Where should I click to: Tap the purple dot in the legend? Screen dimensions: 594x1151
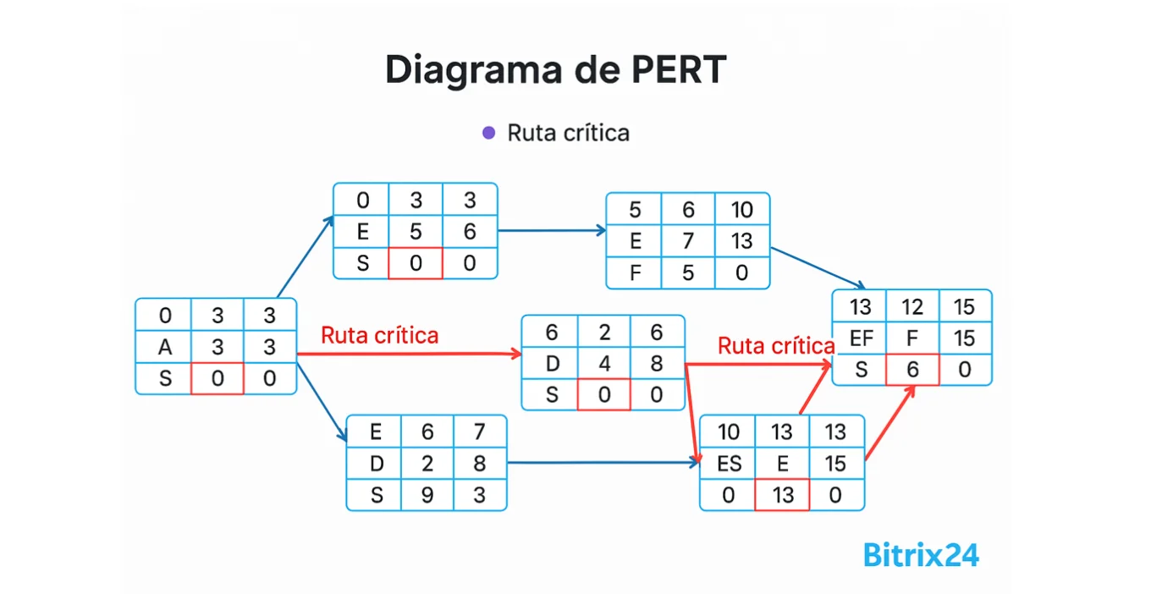coord(488,133)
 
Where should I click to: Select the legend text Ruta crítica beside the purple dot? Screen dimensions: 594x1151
coord(568,133)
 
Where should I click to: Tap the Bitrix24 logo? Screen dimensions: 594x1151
coord(921,555)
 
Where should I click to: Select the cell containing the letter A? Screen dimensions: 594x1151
coord(165,347)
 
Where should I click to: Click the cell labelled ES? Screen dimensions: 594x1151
coord(729,464)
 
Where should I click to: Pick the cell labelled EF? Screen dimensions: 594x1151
coord(861,338)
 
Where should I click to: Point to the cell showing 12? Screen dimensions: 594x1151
coord(912,307)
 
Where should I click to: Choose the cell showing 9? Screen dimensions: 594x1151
coord(427,495)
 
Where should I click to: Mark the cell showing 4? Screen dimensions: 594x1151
coord(604,364)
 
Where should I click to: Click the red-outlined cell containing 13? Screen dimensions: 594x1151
coord(783,495)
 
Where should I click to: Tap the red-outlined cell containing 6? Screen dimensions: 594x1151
coord(912,370)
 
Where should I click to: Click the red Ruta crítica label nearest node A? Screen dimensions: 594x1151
coord(380,336)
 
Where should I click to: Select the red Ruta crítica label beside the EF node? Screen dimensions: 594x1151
coord(776,345)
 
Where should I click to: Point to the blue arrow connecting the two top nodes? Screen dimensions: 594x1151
coord(551,230)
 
